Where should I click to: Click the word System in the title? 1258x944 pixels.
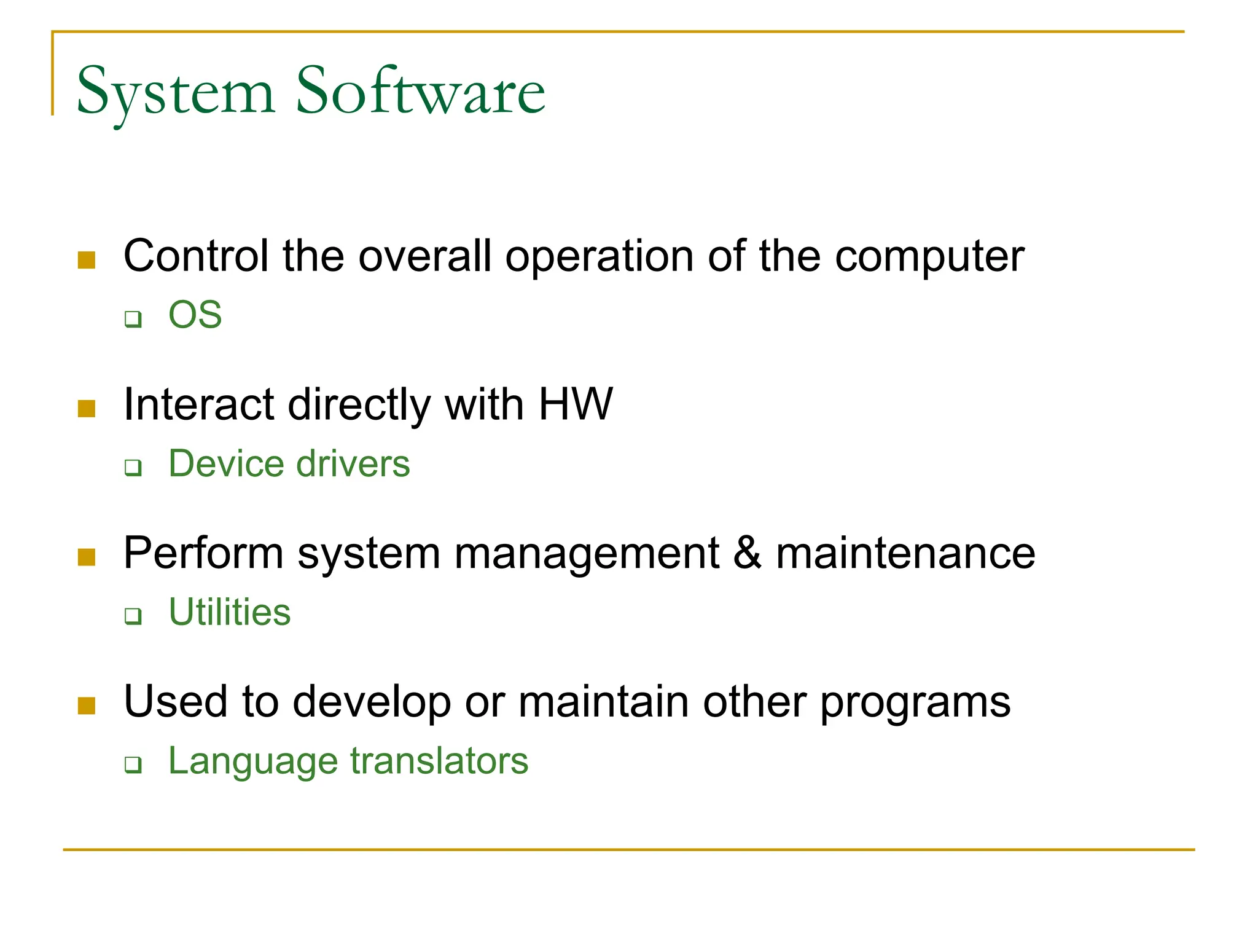click(x=176, y=92)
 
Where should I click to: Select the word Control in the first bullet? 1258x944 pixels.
click(x=196, y=256)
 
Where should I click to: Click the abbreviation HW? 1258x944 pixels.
click(x=576, y=404)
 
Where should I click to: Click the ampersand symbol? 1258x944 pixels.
click(x=747, y=553)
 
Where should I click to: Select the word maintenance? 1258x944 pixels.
click(x=905, y=553)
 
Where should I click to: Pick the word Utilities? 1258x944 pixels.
click(x=230, y=612)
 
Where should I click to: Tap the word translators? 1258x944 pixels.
click(x=439, y=761)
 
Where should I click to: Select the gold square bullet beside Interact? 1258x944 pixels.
click(x=87, y=409)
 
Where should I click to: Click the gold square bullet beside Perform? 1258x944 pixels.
click(x=87, y=557)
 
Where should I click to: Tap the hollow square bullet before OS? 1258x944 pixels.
click(x=133, y=320)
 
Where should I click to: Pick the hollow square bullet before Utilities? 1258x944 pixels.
click(x=133, y=616)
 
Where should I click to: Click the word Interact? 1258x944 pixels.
click(x=198, y=404)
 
